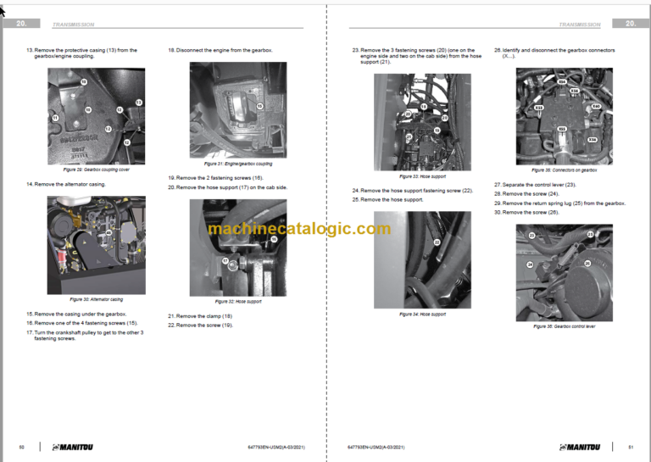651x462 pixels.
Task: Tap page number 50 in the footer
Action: coord(21,447)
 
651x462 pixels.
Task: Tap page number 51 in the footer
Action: coord(631,447)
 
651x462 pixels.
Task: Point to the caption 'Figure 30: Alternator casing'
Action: coord(96,299)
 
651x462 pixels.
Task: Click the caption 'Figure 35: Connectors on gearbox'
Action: coord(564,170)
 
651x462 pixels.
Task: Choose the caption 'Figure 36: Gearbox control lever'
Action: coord(564,326)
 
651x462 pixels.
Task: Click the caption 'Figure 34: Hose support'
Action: coord(422,314)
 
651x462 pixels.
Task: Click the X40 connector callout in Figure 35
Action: coord(596,106)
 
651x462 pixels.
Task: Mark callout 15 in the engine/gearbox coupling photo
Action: coord(259,106)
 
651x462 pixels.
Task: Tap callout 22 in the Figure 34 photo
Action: coord(437,242)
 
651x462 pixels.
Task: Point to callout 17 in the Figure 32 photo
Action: coord(225,261)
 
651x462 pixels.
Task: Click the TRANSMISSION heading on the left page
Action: coord(74,25)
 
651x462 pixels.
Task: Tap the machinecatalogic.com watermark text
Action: coord(299,229)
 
